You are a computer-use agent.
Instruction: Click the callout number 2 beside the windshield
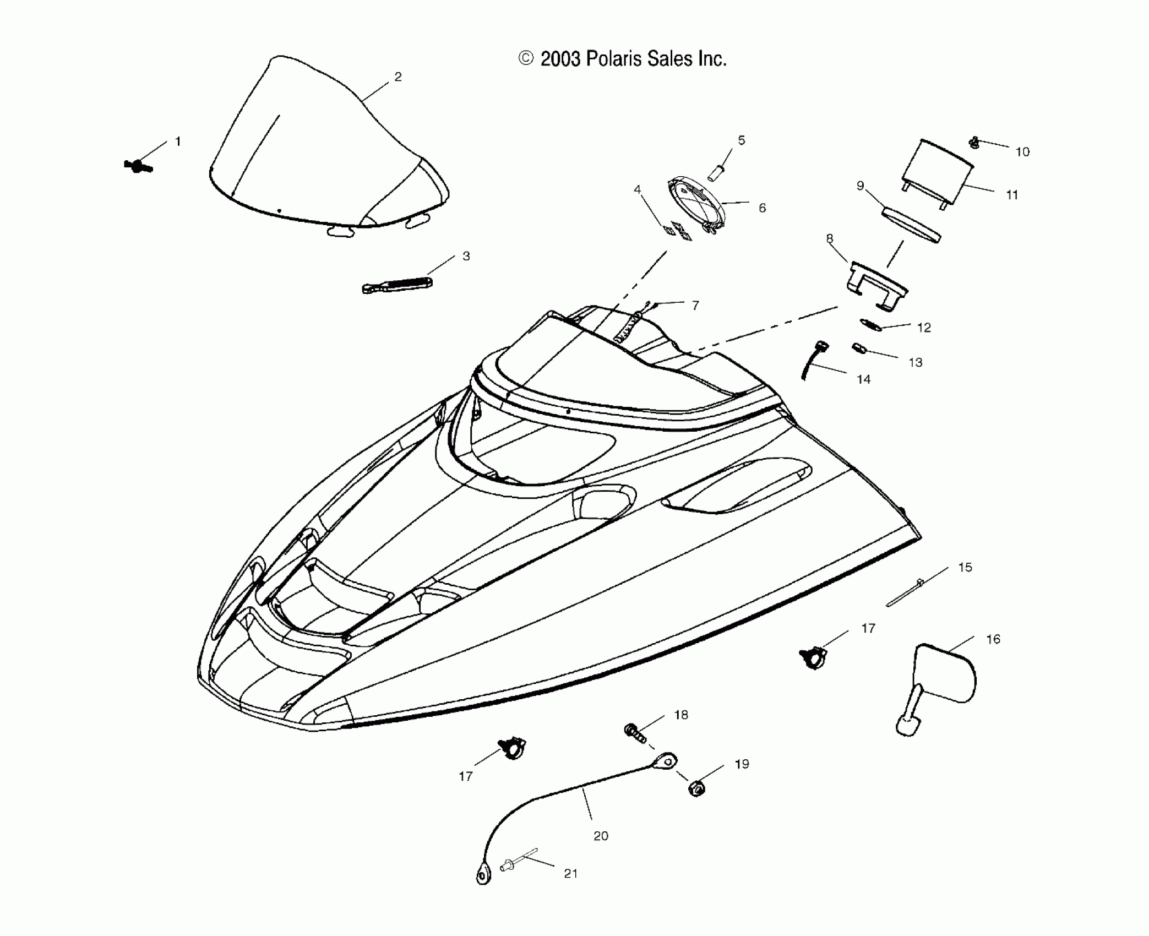click(398, 77)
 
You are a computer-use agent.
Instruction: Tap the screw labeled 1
click(138, 165)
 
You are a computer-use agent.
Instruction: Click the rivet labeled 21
click(509, 867)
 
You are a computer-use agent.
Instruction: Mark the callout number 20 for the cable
click(601, 835)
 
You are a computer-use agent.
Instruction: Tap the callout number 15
click(965, 568)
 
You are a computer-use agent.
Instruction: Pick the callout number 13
click(915, 362)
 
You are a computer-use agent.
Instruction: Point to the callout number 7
click(695, 306)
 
